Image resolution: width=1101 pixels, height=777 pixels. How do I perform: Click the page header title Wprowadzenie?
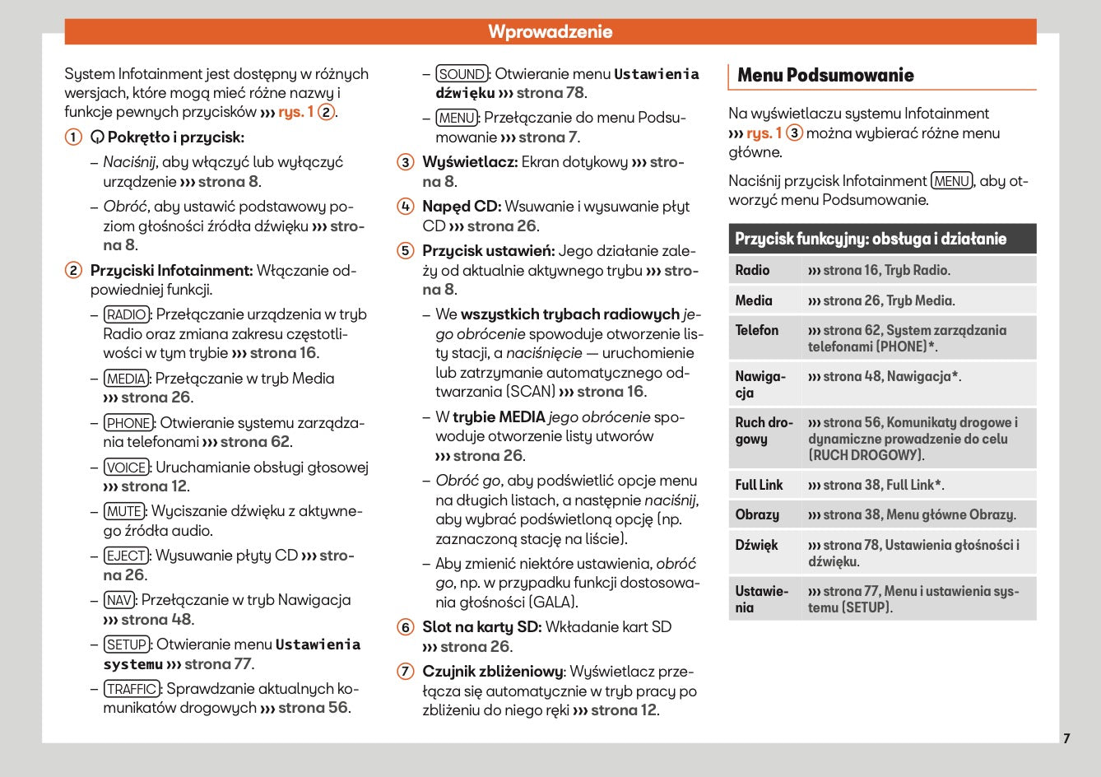point(550,32)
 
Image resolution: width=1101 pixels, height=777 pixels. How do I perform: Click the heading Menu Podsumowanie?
point(825,76)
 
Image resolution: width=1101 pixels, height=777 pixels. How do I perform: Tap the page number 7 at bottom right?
point(1066,738)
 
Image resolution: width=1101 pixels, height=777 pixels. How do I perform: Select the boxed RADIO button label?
point(127,314)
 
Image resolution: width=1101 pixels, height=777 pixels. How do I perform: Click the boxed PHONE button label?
point(129,423)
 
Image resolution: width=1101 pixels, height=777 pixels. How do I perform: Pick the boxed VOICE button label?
point(127,468)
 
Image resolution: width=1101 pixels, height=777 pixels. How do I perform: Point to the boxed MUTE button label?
point(124,511)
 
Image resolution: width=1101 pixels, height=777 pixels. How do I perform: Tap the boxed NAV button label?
point(119,600)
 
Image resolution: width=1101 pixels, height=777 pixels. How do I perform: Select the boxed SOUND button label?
point(462,74)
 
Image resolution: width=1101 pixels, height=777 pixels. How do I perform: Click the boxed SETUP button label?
point(127,644)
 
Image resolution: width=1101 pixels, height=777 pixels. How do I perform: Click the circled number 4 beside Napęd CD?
point(406,207)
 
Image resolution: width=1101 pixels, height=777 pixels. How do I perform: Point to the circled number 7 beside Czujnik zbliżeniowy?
point(406,672)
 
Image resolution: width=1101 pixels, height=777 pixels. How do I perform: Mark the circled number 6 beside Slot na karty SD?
point(406,627)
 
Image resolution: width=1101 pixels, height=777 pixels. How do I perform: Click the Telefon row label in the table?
point(756,331)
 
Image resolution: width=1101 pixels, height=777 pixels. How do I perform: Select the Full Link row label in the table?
point(759,486)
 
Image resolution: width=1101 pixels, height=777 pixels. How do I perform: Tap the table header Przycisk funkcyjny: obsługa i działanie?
point(871,240)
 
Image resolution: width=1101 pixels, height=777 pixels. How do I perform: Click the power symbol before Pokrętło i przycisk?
point(97,137)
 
